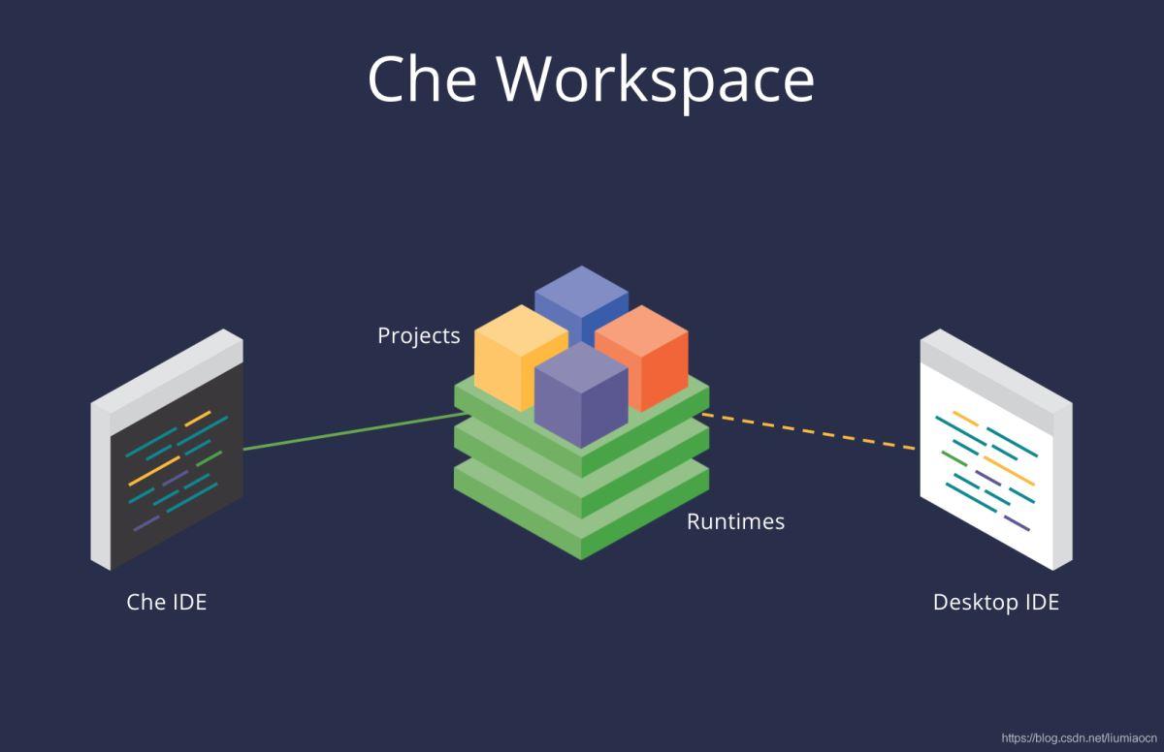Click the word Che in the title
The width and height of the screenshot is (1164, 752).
tap(421, 78)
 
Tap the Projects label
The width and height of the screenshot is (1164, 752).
tap(418, 335)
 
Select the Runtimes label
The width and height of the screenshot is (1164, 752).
tap(735, 521)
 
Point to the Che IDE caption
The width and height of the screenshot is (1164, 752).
tap(167, 602)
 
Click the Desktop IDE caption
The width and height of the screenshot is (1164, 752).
tap(995, 602)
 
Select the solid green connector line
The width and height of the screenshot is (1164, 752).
tap(349, 432)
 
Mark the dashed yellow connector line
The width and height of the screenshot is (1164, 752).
tap(810, 432)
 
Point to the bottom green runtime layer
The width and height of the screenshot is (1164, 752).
tap(582, 523)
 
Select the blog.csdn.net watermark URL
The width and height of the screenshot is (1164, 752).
tap(1078, 738)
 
